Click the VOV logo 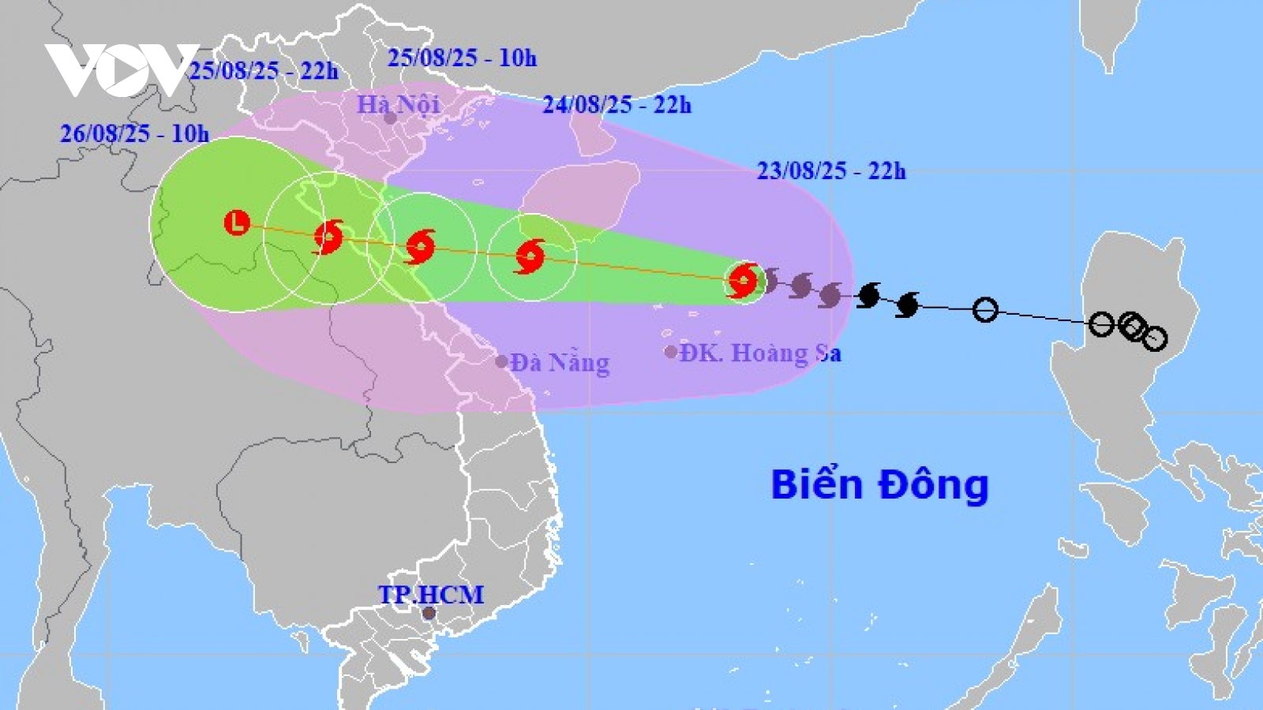122,69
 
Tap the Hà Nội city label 398,103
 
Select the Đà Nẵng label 560,363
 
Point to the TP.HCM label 430,594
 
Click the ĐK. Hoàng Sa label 760,353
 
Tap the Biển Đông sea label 879,484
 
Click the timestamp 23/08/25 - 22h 831,170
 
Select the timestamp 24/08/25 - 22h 617,104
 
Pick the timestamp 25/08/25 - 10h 462,58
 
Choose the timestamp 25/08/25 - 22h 264,71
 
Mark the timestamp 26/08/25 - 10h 135,133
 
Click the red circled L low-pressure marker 237,222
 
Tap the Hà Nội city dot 390,118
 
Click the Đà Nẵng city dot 501,362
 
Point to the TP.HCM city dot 429,613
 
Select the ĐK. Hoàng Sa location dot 671,352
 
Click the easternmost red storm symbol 743,280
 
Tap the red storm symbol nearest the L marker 328,237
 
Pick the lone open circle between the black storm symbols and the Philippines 984,310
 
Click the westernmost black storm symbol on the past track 868,295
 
